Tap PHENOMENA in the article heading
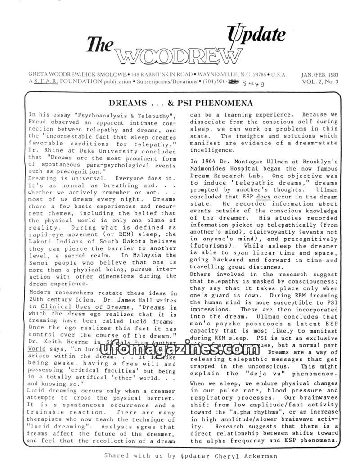pos(226,103)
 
